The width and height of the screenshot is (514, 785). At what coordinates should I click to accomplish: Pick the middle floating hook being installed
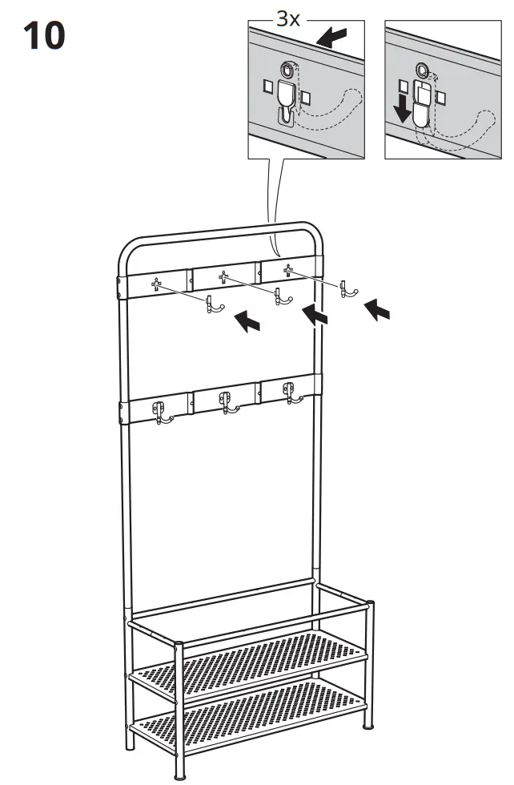coord(279,296)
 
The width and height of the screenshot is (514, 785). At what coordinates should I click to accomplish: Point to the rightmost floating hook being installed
coord(345,288)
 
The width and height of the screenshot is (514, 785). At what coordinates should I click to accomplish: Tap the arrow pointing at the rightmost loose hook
coord(377,308)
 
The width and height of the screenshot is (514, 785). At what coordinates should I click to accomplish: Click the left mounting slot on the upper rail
coord(157,283)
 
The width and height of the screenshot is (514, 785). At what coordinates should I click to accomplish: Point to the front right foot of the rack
coord(369,726)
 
